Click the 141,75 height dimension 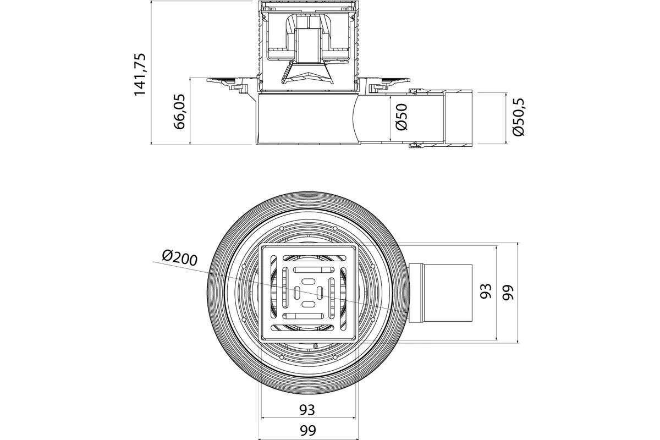tap(140, 75)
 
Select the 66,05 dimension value tap(179, 112)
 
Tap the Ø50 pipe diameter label tap(402, 117)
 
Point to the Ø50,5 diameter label tap(518, 117)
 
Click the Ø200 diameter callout tap(180, 258)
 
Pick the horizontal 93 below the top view tap(307, 410)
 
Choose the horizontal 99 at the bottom tap(308, 431)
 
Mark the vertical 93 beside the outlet tap(486, 291)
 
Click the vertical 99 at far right tap(508, 293)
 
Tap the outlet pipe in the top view tap(441, 293)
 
